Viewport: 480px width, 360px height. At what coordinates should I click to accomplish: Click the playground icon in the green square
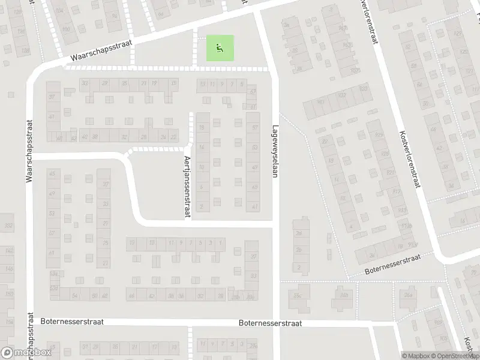click(x=220, y=47)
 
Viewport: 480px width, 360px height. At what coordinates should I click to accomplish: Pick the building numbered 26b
click(x=344, y=295)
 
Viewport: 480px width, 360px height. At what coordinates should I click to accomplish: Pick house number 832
click(x=343, y=95)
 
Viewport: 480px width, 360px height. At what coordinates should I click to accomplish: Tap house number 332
click(x=8, y=226)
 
